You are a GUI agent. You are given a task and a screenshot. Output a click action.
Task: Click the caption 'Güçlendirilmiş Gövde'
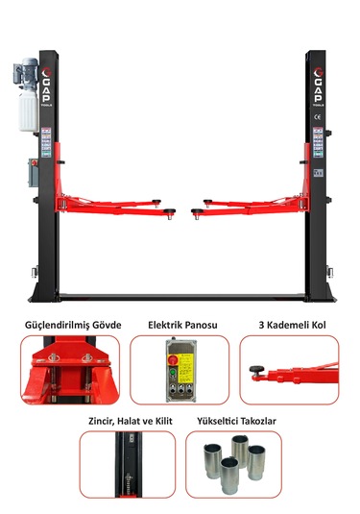coord(73,325)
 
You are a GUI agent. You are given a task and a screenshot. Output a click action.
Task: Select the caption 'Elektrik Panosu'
coord(182,325)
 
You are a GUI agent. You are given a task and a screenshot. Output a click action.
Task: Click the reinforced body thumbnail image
coord(73,370)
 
